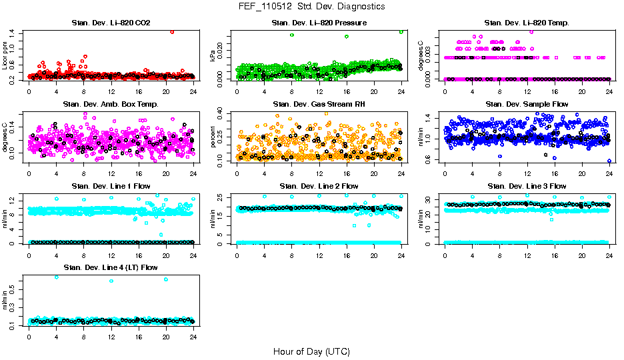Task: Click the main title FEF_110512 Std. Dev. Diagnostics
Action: (x=311, y=7)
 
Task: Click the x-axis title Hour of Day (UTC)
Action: (x=311, y=351)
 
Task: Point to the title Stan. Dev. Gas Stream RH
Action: (x=319, y=105)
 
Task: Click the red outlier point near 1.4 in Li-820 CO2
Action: (x=172, y=31)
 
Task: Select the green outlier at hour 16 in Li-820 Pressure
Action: (x=347, y=37)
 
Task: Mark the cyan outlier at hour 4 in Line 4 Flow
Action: (x=56, y=277)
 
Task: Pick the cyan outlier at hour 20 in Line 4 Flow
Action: (x=165, y=279)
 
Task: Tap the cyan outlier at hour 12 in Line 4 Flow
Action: (x=111, y=281)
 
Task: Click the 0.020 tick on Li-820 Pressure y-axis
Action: (x=222, y=49)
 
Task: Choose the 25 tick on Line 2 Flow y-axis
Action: (x=222, y=196)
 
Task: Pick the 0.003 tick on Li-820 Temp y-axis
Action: (x=430, y=49)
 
